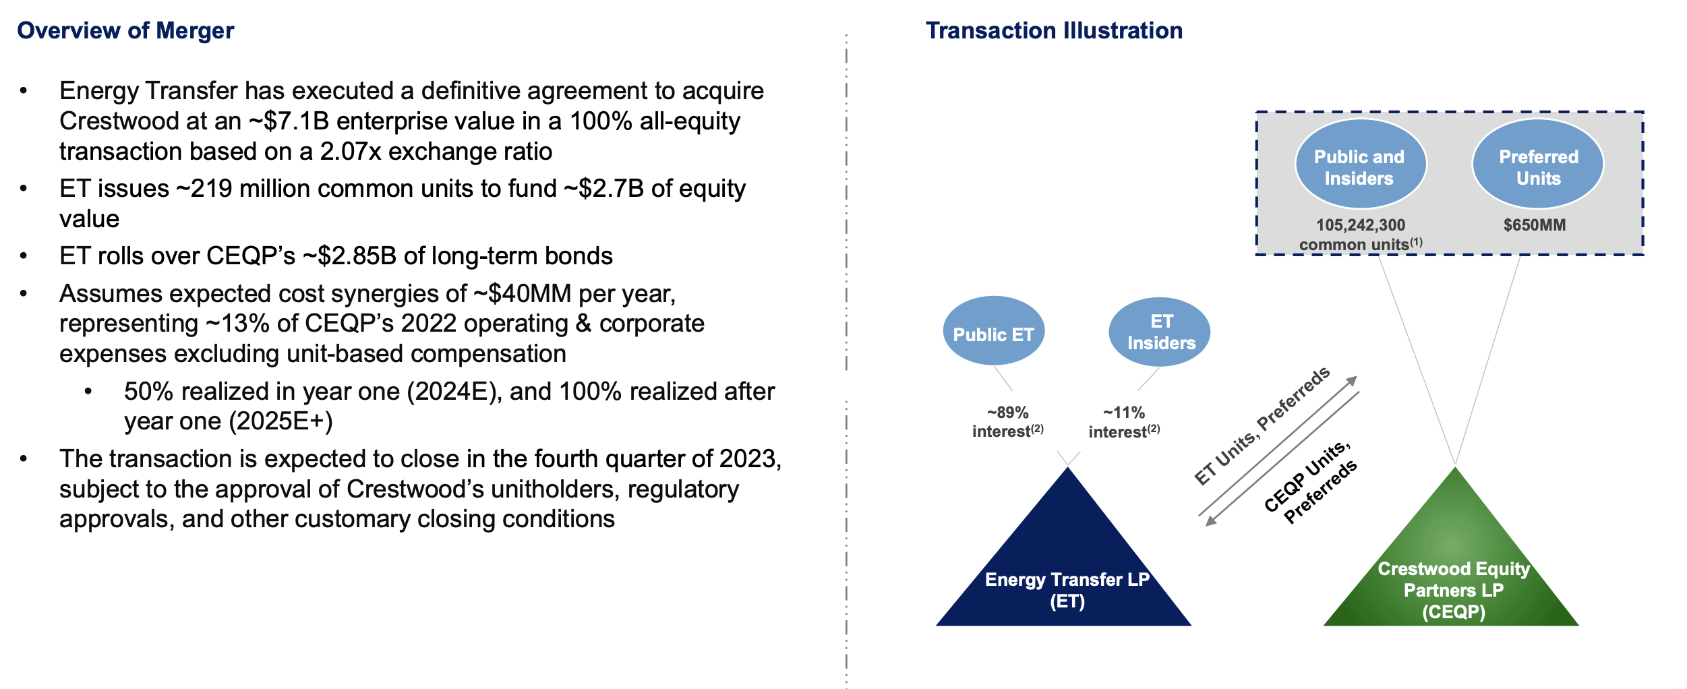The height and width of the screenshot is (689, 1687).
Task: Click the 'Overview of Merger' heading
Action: pyautogui.click(x=125, y=30)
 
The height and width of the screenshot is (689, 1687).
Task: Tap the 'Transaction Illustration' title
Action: pyautogui.click(x=1054, y=30)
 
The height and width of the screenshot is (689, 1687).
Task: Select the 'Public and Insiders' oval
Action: pyautogui.click(x=1360, y=164)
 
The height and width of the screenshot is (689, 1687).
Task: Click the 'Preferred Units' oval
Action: pyautogui.click(x=1538, y=164)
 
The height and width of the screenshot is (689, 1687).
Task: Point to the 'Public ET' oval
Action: pyautogui.click(x=994, y=331)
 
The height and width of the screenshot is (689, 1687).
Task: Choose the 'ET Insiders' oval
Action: pyautogui.click(x=1160, y=332)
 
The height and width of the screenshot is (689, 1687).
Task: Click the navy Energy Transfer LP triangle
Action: pyautogui.click(x=1064, y=566)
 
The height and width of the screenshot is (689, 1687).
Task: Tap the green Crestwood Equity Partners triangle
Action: pyautogui.click(x=1452, y=566)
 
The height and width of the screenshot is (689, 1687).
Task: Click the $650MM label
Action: pyautogui.click(x=1535, y=225)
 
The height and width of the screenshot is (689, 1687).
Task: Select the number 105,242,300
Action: pyautogui.click(x=1361, y=225)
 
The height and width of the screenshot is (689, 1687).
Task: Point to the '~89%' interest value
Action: pyautogui.click(x=1008, y=413)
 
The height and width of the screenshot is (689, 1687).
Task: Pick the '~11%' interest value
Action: pyautogui.click(x=1124, y=413)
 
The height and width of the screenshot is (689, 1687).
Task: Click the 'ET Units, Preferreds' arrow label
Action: pyautogui.click(x=1262, y=426)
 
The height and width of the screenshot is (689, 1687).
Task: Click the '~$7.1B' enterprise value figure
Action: pyautogui.click(x=289, y=121)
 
